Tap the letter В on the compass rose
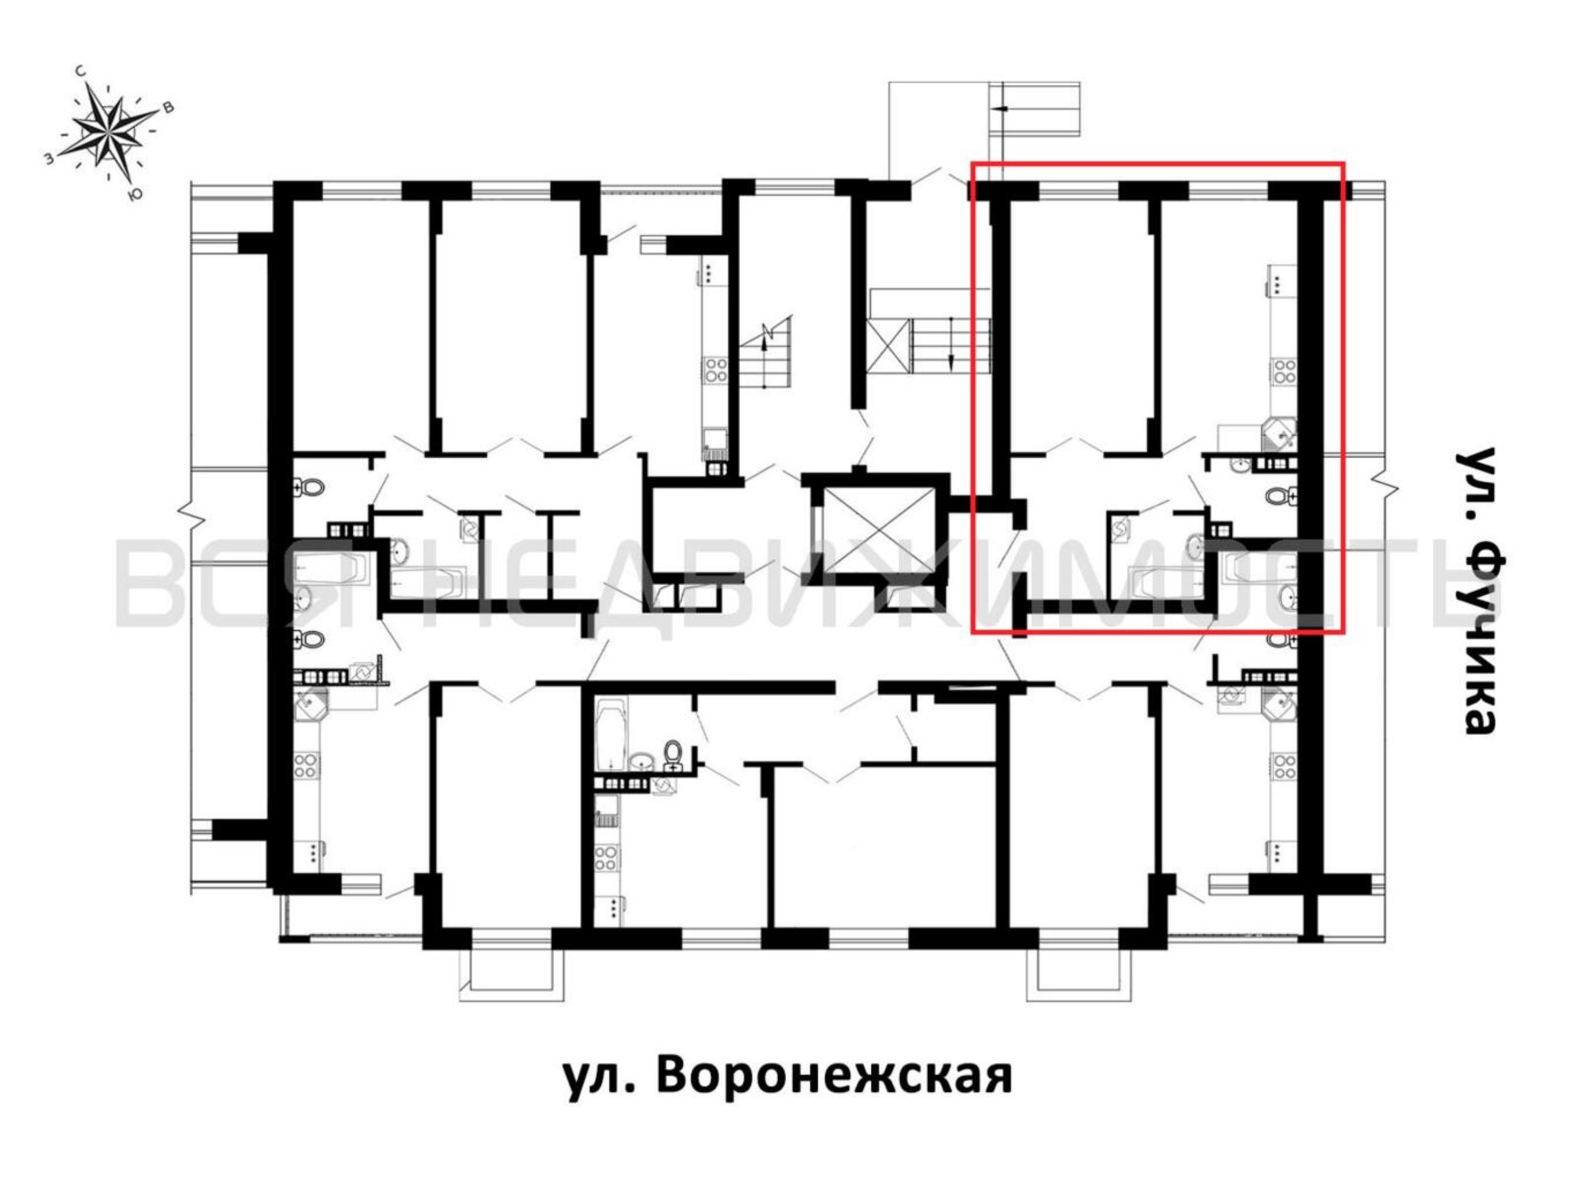coord(169,108)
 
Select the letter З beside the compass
coord(49,159)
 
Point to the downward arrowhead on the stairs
coord(951,361)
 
